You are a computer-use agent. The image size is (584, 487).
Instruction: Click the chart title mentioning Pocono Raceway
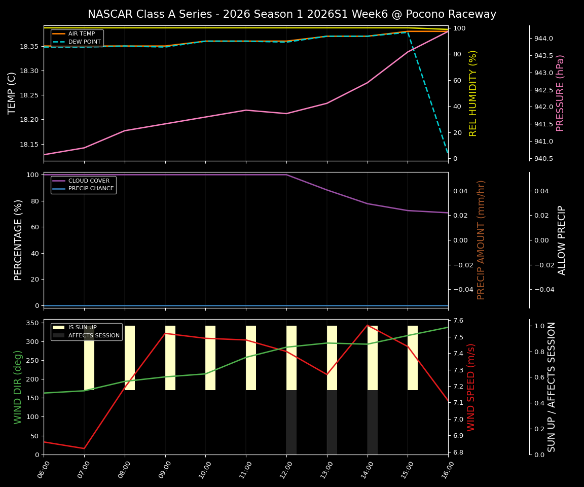point(292,14)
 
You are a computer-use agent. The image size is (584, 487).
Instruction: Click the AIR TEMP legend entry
point(81,33)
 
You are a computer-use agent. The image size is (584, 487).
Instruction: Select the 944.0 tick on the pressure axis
point(543,39)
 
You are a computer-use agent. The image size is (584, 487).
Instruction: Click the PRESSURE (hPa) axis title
point(560,93)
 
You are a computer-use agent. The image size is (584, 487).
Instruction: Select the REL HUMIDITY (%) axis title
point(473,93)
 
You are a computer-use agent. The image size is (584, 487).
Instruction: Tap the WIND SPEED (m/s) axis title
point(471,387)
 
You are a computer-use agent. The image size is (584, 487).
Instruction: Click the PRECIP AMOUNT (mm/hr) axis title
point(482,240)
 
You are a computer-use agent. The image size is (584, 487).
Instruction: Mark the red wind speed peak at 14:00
point(368,325)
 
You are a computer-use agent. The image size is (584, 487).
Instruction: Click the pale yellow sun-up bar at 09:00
point(170,358)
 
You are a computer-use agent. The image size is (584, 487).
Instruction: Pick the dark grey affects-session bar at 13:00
point(332,422)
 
